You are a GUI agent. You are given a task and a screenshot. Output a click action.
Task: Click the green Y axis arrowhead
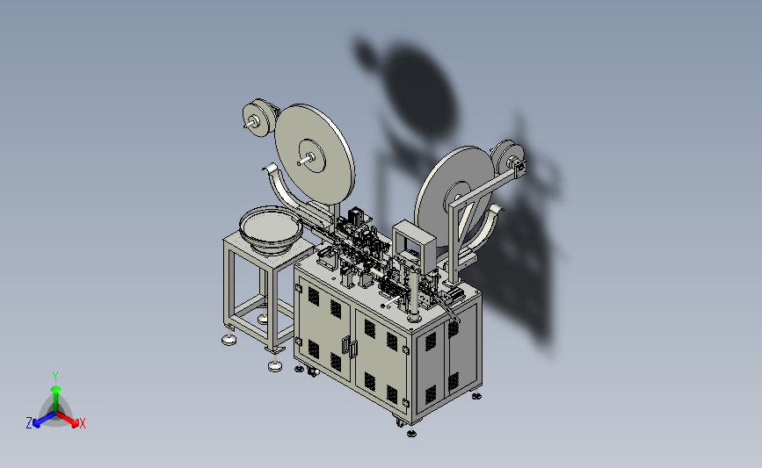coord(55,389)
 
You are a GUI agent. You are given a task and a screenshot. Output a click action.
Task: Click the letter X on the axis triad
coord(82,423)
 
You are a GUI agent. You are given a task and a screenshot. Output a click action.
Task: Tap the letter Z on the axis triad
coord(29,423)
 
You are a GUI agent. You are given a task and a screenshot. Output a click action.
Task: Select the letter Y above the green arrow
coord(55,377)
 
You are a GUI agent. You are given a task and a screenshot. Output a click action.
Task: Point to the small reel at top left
coord(259,118)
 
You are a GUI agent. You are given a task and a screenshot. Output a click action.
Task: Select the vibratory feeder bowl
coord(270,230)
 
